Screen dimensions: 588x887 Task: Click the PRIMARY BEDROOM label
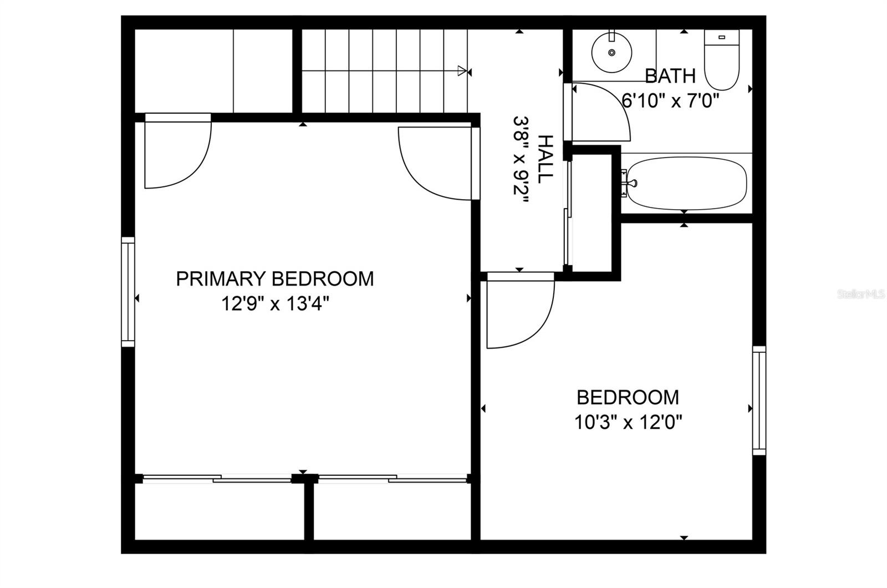274,278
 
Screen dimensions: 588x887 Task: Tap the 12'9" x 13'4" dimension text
276,304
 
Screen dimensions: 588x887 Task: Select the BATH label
670,75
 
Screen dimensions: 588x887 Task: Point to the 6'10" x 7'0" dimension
670,101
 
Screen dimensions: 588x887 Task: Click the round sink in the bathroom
611,52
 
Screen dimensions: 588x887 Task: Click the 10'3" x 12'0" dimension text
628,423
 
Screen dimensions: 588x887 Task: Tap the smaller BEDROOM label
628,398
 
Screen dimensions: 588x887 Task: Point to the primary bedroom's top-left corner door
177,155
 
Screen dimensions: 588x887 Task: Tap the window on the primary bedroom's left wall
128,292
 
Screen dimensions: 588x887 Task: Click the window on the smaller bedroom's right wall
759,400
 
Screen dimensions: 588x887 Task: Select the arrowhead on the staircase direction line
461,70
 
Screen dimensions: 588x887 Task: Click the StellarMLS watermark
861,294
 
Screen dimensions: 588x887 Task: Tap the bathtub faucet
629,183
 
